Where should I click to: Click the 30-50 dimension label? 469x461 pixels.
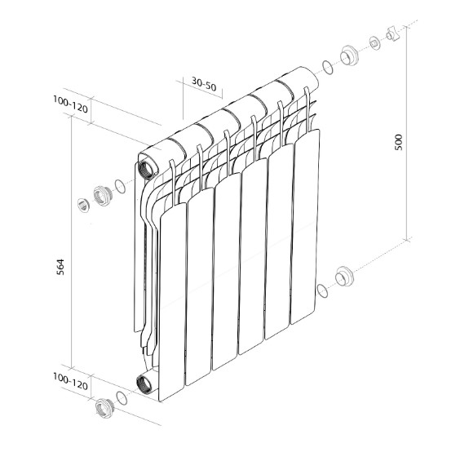click(204, 84)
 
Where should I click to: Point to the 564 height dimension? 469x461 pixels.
click(60, 267)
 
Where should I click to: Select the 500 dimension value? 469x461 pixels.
click(398, 142)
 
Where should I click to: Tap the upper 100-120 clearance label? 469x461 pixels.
click(71, 104)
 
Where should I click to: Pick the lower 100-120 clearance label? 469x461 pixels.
click(71, 381)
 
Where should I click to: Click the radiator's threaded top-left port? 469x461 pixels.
click(147, 170)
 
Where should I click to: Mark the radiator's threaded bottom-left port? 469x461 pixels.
click(145, 384)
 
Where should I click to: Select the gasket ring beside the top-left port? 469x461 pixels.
click(120, 186)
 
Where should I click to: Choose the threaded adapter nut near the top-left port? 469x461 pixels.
click(102, 196)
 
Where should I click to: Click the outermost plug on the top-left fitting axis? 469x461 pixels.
click(83, 206)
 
